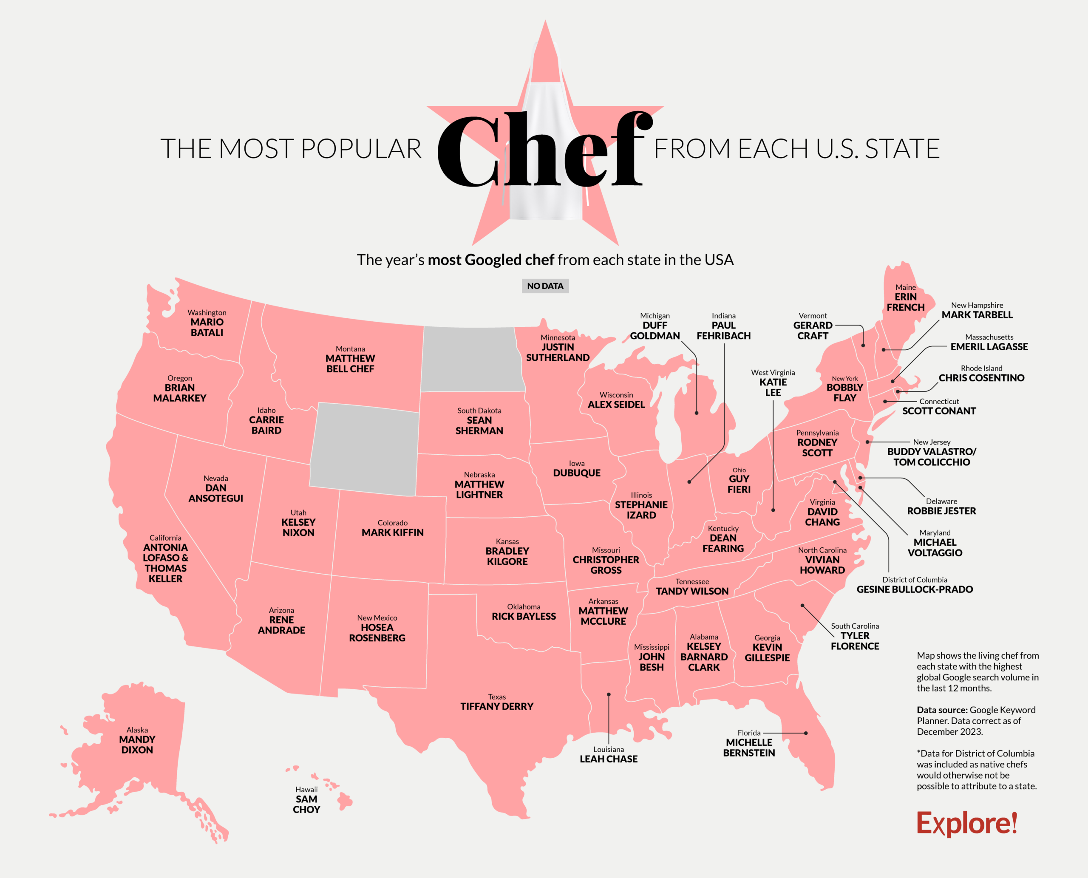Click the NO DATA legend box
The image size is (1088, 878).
[545, 286]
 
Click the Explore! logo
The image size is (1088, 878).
[966, 823]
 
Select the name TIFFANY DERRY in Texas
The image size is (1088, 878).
[497, 706]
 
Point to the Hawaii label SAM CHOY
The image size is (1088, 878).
[306, 804]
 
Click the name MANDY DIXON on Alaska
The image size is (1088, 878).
[137, 744]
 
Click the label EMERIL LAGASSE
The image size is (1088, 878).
[989, 346]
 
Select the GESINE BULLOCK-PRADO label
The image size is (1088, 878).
[915, 589]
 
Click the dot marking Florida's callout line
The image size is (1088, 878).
[806, 733]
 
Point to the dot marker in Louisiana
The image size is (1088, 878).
[609, 694]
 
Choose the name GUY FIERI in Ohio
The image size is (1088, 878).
[739, 484]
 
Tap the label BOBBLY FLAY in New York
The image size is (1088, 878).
[845, 393]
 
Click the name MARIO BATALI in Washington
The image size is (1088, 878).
[207, 327]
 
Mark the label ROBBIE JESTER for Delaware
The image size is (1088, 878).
[941, 511]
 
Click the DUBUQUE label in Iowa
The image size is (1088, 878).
[577, 473]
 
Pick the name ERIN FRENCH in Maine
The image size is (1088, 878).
[905, 302]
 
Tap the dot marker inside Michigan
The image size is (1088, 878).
[697, 413]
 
